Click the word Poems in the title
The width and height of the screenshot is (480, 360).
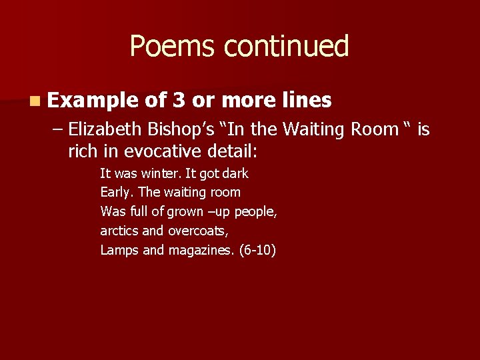pyautogui.click(x=173, y=47)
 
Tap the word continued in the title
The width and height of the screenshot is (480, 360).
pyautogui.click(x=286, y=47)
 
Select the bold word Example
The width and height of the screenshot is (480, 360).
pyautogui.click(x=92, y=101)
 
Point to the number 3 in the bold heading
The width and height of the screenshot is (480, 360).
pyautogui.click(x=178, y=100)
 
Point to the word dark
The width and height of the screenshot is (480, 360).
pyautogui.click(x=235, y=173)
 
